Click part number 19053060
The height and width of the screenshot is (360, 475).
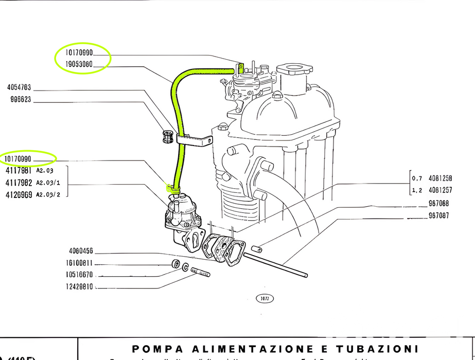[x=79, y=65]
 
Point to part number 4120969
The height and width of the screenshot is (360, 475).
[x=19, y=194]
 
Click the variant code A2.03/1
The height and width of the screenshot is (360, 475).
[x=48, y=183]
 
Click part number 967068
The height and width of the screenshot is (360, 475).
[x=438, y=203]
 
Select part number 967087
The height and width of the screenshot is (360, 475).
[x=438, y=216]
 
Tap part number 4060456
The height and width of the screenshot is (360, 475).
[x=80, y=251]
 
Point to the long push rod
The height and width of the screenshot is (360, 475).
[x=275, y=263]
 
